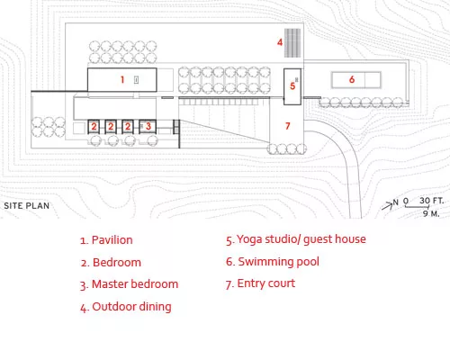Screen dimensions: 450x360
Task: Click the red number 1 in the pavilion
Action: click(122, 79)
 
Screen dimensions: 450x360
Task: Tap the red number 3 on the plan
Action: click(148, 126)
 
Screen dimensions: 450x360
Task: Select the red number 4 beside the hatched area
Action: click(280, 42)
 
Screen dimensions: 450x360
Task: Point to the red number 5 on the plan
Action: click(292, 86)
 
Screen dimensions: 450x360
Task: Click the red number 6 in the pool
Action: click(352, 79)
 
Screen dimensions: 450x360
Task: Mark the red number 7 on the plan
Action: click(288, 126)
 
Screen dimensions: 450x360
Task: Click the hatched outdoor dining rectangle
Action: click(292, 43)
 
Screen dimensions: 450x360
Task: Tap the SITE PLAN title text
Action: click(27, 206)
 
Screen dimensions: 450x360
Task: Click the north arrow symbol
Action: click(387, 205)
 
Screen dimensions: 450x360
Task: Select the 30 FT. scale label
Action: click(431, 201)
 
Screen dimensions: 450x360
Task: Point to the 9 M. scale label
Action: click(431, 213)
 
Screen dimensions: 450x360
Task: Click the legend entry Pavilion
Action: click(106, 240)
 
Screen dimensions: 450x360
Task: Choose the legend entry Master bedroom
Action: click(129, 284)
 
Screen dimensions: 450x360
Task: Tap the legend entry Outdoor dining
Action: click(126, 307)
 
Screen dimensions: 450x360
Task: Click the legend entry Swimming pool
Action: click(273, 262)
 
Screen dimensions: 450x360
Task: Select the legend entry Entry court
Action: click(260, 283)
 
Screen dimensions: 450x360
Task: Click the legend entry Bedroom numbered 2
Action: click(111, 263)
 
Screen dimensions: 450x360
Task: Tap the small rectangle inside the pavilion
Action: click(136, 80)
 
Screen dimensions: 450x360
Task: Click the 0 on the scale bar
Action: click(406, 201)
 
